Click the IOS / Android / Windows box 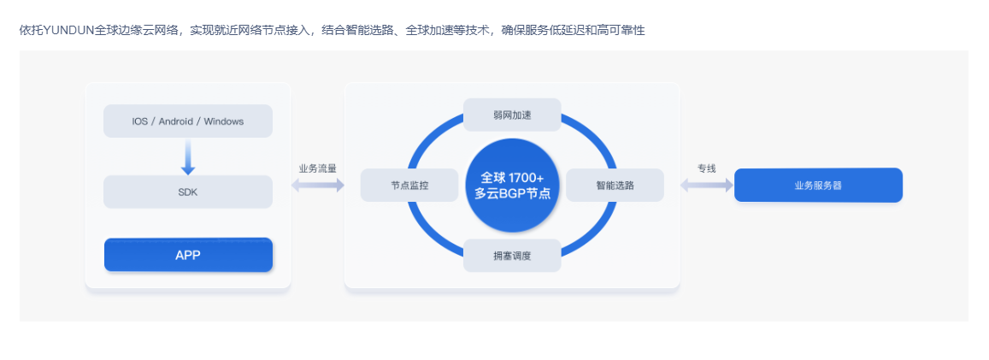click(187, 121)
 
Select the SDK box click(187, 192)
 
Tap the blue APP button click(187, 255)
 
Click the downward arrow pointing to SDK click(188, 157)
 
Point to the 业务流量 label click(317, 168)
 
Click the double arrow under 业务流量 click(317, 186)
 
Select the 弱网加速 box click(512, 115)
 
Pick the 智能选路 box click(615, 185)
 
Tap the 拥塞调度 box click(512, 256)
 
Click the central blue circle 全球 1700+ click(512, 185)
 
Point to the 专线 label click(706, 168)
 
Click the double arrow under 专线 click(706, 185)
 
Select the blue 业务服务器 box click(818, 185)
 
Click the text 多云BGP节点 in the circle click(512, 194)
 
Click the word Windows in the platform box click(224, 121)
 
